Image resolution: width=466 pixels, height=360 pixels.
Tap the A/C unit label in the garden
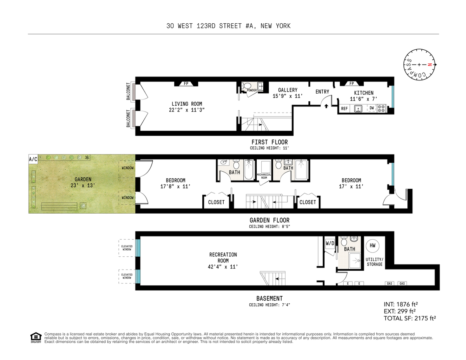tap(33, 159)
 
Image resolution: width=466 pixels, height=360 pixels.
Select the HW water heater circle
tap(372, 245)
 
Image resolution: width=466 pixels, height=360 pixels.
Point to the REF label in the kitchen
tap(344, 109)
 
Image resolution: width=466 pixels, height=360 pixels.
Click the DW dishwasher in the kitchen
tap(372, 109)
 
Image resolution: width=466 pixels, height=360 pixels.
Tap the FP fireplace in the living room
tap(186, 83)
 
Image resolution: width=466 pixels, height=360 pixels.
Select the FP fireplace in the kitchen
tap(352, 83)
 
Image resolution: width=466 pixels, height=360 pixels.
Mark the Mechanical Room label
tap(264, 176)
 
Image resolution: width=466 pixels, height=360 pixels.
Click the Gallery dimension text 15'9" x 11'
tap(287, 96)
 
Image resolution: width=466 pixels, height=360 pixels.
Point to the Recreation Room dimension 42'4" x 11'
tap(223, 267)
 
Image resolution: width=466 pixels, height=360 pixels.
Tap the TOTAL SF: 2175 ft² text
tap(409, 318)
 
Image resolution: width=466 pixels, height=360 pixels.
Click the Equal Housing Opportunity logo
tap(36, 338)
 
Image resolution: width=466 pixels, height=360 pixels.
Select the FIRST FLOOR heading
tap(270, 142)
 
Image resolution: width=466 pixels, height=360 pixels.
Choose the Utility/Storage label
tap(374, 262)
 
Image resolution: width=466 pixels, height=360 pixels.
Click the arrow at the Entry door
tap(326, 105)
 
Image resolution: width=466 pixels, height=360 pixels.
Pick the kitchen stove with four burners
tap(382, 109)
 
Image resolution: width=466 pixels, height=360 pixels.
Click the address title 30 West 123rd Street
tap(228, 26)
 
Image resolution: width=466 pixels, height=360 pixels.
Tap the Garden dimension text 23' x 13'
tap(83, 186)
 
